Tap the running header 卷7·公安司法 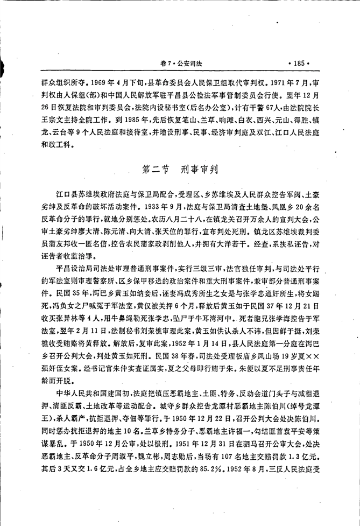point(179,64)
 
